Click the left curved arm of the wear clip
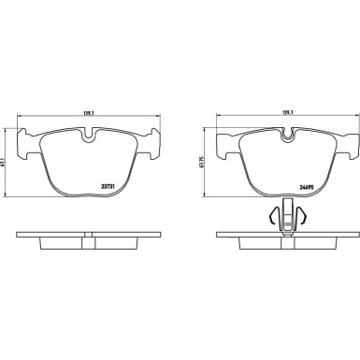tap(272, 217)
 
